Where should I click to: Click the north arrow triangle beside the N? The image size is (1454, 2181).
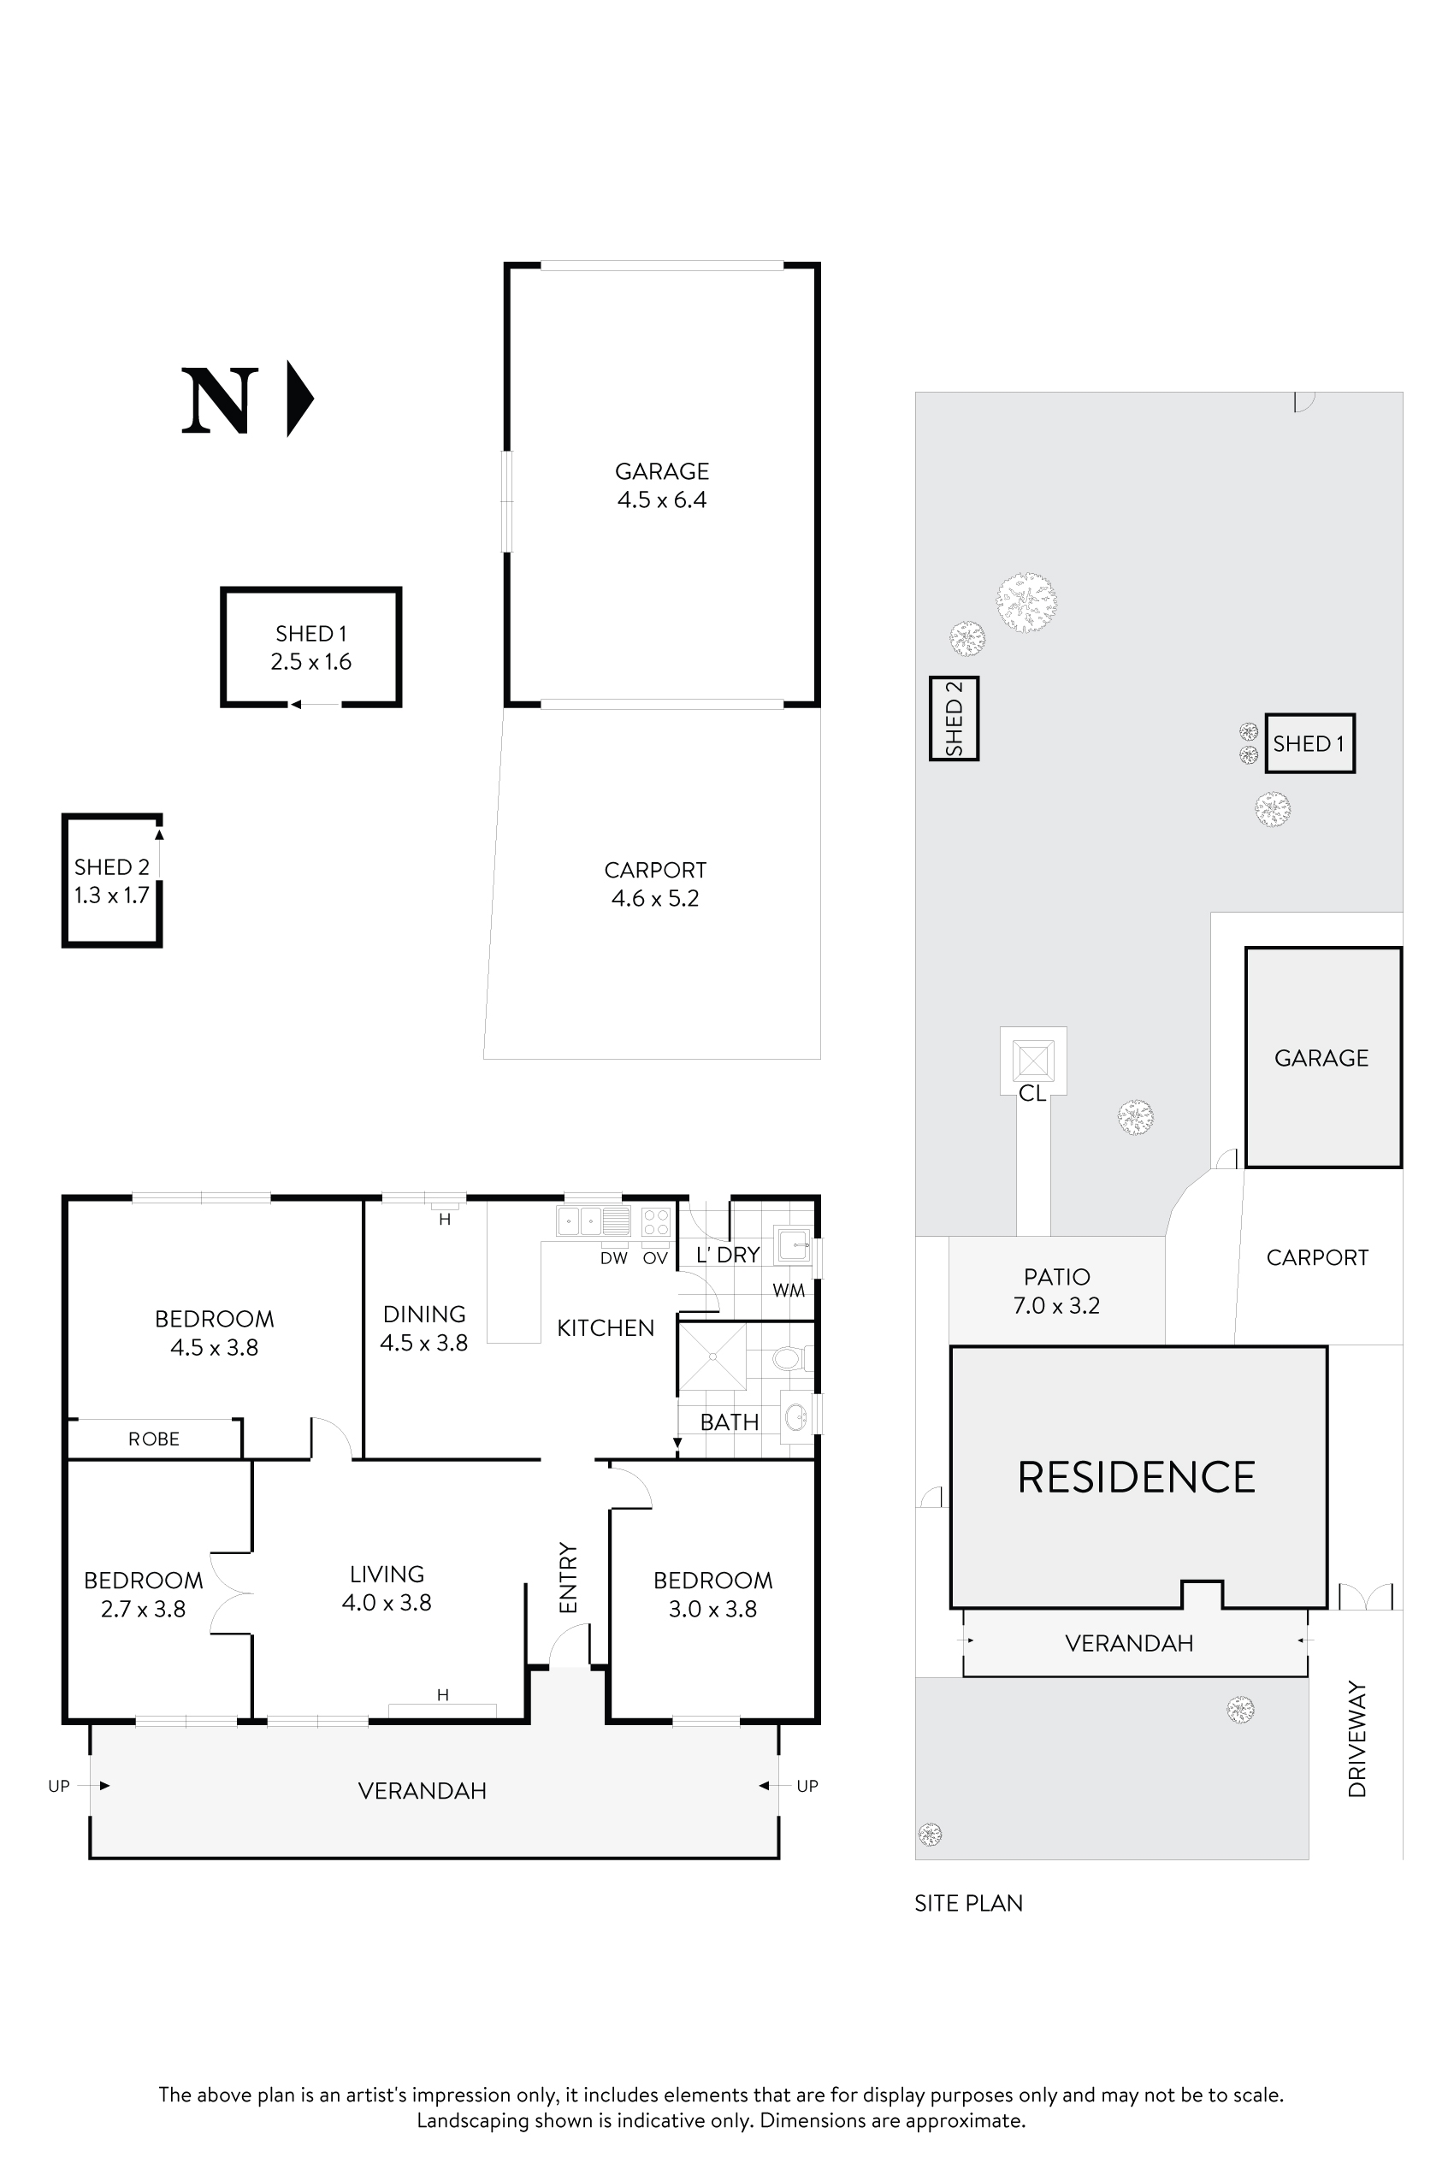click(298, 399)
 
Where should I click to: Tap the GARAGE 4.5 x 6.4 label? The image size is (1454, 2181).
click(662, 486)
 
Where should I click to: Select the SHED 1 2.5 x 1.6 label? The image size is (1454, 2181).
click(310, 647)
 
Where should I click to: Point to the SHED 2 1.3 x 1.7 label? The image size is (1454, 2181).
click(111, 881)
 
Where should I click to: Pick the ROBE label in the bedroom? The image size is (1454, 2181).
click(154, 1439)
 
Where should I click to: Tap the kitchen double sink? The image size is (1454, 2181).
click(581, 1221)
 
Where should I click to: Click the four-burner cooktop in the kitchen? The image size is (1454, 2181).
click(656, 1221)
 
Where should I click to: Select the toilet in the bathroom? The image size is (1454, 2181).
click(789, 1359)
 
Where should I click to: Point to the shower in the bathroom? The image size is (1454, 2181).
click(712, 1356)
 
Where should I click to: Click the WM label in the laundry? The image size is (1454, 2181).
click(789, 1290)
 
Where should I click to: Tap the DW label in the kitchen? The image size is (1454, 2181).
click(614, 1258)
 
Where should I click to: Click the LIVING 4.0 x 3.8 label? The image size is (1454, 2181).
click(387, 1587)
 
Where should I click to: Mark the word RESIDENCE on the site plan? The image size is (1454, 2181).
click(1136, 1478)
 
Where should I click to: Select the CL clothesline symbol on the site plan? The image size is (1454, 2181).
click(1033, 1060)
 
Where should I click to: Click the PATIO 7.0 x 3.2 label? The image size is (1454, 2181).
click(1056, 1291)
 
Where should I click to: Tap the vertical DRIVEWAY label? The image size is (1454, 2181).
click(1357, 1740)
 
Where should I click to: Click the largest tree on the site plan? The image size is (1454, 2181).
click(1026, 603)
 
